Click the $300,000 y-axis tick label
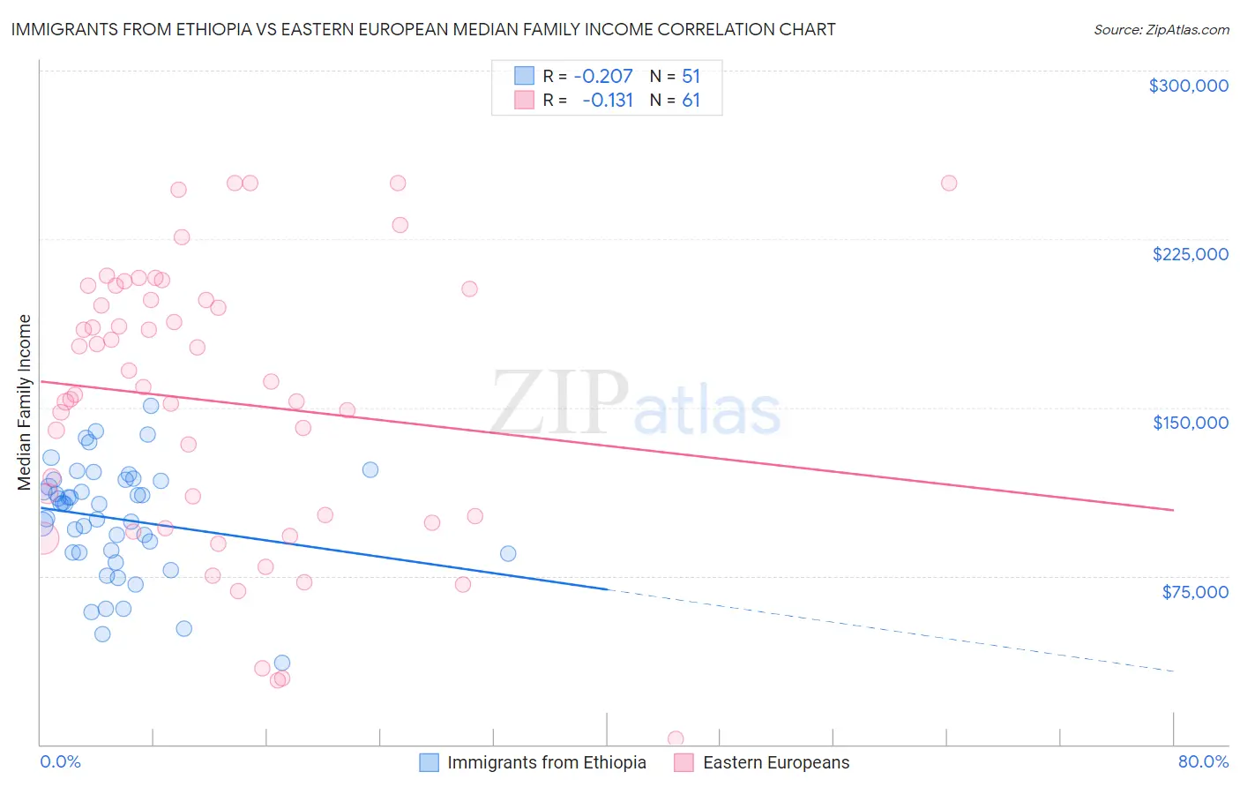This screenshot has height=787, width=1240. click(1188, 86)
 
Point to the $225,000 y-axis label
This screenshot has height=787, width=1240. click(1190, 254)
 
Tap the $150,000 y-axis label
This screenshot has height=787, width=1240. click(1190, 423)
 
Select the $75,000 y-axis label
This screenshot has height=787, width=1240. click(1194, 592)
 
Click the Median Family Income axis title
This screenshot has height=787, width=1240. click(25, 402)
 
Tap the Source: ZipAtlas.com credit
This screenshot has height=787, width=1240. click(1161, 30)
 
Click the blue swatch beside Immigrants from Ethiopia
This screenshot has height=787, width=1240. click(429, 763)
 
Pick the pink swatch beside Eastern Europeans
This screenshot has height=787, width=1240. click(684, 763)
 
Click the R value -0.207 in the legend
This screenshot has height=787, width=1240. click(603, 77)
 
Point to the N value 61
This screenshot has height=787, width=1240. click(691, 101)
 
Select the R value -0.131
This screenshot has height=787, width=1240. click(608, 101)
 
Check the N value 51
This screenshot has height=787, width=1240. click(691, 77)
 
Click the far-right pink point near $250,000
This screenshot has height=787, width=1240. click(949, 184)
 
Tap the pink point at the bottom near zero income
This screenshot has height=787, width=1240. click(676, 738)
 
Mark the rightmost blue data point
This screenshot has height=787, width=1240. click(508, 554)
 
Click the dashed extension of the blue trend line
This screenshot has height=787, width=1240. click(882, 630)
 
